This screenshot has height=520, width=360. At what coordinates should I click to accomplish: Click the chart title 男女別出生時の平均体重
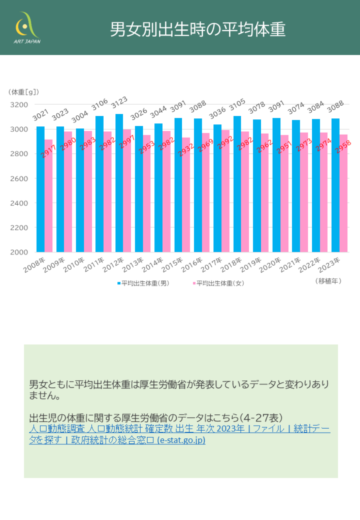coord(198,29)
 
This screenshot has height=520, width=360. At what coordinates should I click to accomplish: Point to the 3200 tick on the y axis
coord(20,105)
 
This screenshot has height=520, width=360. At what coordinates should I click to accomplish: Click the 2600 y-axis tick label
coord(20,178)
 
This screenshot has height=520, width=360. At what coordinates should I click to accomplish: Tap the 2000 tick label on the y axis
coord(20,252)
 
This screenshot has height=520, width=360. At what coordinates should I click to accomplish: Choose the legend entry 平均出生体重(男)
coord(144,283)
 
